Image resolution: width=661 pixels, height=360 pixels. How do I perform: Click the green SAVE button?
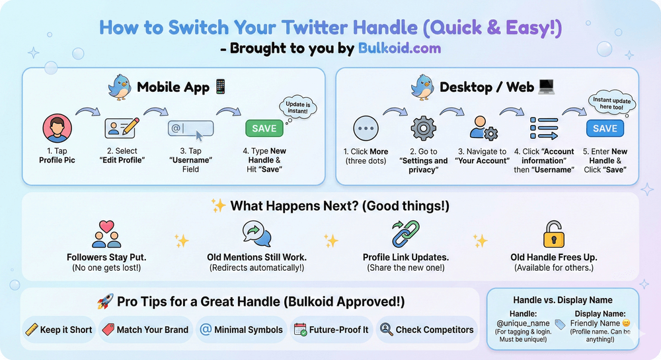(x=264, y=128)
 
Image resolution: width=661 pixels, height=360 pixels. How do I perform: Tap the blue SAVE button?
(x=605, y=128)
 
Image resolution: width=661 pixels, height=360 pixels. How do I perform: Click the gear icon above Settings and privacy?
(x=423, y=128)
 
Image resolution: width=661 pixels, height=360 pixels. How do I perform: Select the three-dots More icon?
(x=365, y=128)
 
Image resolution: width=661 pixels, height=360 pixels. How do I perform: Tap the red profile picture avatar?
(x=57, y=128)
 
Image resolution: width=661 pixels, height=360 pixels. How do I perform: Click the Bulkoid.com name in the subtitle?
(x=399, y=48)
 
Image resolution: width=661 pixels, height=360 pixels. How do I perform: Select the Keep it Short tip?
(x=59, y=330)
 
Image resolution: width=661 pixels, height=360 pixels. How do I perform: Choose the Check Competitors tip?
(x=426, y=330)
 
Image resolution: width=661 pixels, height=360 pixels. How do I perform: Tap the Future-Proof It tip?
(x=330, y=330)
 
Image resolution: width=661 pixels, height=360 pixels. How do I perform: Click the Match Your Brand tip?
(x=145, y=330)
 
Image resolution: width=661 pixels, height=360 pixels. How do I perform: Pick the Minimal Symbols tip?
(x=241, y=330)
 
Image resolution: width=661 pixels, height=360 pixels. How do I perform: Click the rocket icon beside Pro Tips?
(x=104, y=302)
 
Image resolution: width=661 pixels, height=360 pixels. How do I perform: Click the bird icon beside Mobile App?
(x=120, y=87)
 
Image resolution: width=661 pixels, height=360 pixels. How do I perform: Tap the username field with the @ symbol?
(x=190, y=128)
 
